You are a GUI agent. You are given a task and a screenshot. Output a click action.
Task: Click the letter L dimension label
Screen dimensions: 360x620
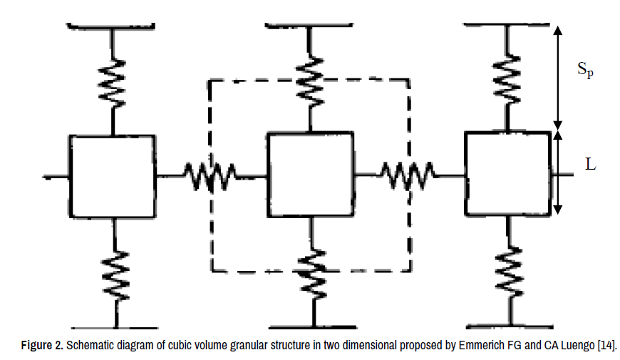[x=591, y=165]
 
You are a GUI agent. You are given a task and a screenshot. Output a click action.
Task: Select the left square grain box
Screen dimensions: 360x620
[x=112, y=175]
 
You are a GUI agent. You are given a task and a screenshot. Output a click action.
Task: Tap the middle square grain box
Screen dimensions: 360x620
[x=310, y=174]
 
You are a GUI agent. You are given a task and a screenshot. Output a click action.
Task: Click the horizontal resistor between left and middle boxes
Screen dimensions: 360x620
[x=210, y=175]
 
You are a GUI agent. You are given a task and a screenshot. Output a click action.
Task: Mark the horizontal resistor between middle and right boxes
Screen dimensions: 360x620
[x=407, y=173]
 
